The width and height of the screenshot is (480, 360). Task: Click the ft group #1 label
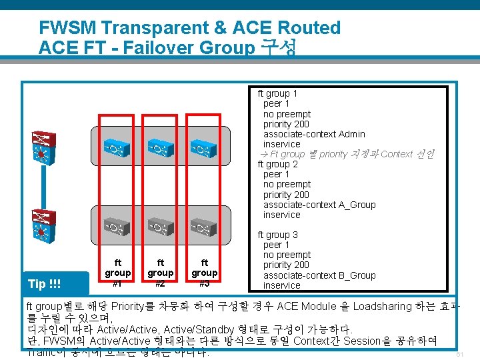[x=118, y=273]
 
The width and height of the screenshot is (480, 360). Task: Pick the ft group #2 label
[x=161, y=273]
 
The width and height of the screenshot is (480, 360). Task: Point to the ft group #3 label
[x=205, y=273]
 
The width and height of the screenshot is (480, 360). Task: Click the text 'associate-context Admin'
[x=314, y=134]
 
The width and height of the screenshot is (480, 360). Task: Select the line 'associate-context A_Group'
[x=319, y=205]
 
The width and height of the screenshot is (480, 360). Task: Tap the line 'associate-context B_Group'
[x=319, y=275]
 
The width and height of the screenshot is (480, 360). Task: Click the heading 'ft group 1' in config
[x=278, y=93]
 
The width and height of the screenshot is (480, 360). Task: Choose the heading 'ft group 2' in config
[x=278, y=164]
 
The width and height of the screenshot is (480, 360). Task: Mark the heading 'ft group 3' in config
[x=278, y=235]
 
